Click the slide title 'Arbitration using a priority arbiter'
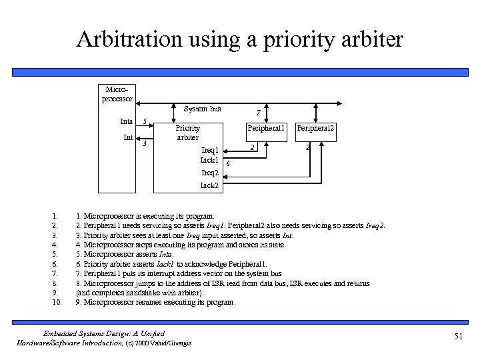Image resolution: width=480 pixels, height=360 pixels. tap(239, 39)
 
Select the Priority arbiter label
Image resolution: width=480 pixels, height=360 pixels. tap(187, 133)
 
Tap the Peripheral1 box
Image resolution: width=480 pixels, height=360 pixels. tap(266, 128)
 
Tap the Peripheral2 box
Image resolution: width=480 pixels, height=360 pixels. tap(315, 128)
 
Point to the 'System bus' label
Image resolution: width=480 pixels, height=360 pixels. tap(203, 109)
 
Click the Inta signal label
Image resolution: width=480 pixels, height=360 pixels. tap(126, 121)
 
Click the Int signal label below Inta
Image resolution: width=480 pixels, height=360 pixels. tap(128, 137)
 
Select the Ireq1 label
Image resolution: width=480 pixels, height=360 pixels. tap(210, 150)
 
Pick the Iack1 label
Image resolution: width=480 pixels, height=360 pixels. tap(210, 160)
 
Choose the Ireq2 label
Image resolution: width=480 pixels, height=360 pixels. tap(210, 173)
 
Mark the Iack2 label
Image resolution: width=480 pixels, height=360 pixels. tap(210, 185)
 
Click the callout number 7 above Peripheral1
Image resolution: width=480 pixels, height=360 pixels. tap(259, 113)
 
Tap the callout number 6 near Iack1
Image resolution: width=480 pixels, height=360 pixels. tap(228, 163)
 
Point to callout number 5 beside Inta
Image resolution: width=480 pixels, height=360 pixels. tap(145, 121)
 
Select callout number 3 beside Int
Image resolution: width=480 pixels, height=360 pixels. tap(145, 144)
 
